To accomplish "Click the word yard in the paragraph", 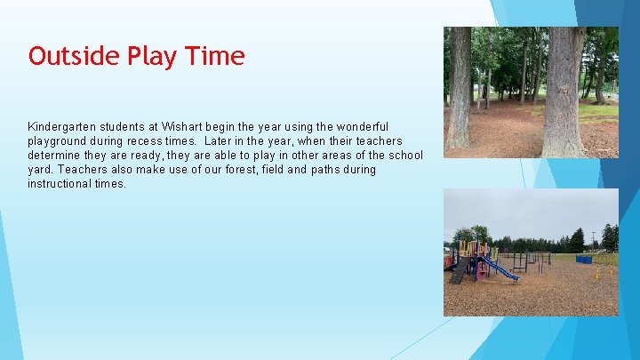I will (x=40, y=170).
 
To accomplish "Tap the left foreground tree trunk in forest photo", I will (x=459, y=89).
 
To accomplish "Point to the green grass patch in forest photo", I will (x=597, y=112).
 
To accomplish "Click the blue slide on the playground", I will (x=503, y=269).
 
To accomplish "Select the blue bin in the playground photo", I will (x=583, y=260).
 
